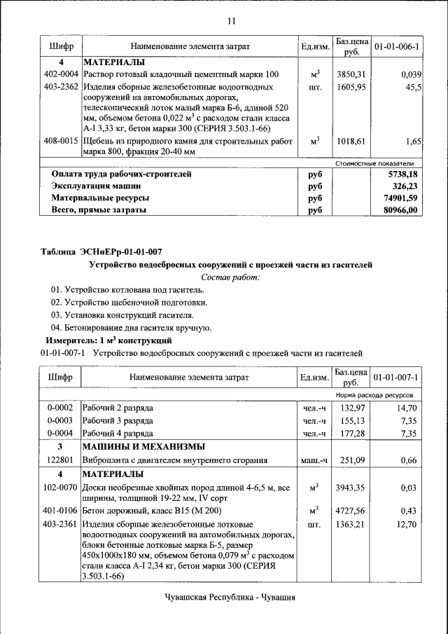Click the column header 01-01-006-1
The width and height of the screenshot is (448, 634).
pos(396,46)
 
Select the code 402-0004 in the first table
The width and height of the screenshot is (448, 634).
pos(61,74)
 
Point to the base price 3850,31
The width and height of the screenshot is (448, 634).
pos(351,74)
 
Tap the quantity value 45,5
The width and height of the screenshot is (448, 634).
pos(413,88)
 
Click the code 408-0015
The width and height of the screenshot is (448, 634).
pos(61,141)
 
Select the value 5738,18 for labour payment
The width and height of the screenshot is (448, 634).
pos(404,174)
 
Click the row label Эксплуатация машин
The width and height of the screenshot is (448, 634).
pos(97,186)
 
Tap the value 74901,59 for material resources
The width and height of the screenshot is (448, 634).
pos(404,199)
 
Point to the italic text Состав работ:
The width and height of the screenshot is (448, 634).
pos(230,277)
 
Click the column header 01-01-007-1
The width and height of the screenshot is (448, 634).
pos(396,378)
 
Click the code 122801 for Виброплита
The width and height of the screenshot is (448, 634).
pos(61,460)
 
